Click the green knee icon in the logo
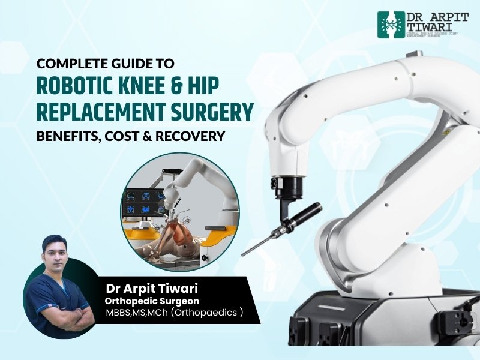pos(388,25)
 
